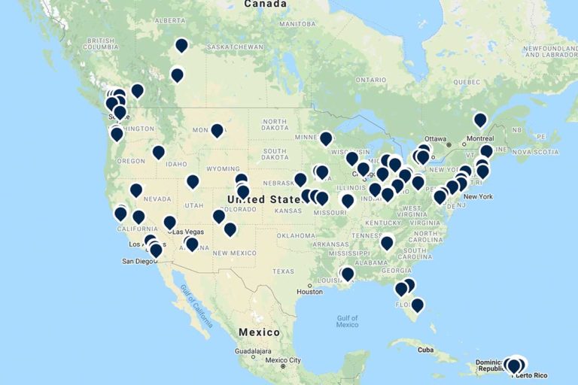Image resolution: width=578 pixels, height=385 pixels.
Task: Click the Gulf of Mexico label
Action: [347, 321]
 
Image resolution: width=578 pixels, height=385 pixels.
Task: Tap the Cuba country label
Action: [427, 349]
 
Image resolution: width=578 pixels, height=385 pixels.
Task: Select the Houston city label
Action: [309, 291]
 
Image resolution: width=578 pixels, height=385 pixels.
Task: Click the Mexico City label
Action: [281, 359]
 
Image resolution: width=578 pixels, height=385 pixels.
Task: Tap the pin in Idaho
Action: [158, 152]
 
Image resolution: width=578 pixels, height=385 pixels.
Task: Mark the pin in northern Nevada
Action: [135, 190]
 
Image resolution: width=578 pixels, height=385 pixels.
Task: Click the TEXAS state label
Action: [284, 271]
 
